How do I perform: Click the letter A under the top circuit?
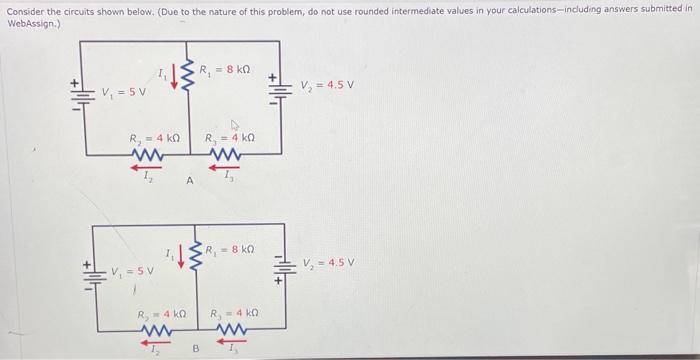tap(188, 180)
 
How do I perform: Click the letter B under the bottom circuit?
tap(196, 349)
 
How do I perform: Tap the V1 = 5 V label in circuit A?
tap(124, 93)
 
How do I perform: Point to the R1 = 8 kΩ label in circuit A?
tap(225, 70)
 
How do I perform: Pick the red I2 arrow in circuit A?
tap(148, 168)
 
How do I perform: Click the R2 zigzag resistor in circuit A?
tap(148, 155)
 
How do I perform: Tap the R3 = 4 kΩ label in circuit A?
tap(229, 139)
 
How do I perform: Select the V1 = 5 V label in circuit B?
tap(133, 270)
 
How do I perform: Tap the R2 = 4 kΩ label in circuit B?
tap(162, 314)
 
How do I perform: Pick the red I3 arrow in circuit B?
tap(232, 340)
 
